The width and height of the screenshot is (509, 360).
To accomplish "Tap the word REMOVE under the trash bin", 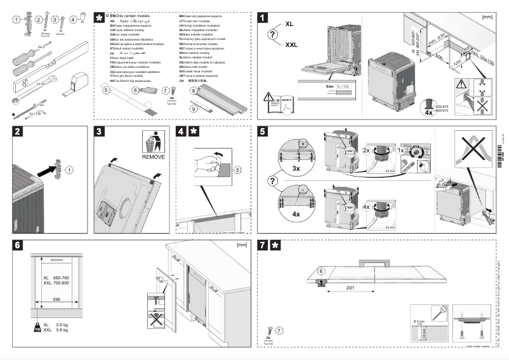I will [x=153, y=156].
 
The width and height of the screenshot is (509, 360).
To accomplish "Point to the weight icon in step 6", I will [x=37, y=326].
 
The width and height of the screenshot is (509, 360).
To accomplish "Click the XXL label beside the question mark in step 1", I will [x=291, y=44].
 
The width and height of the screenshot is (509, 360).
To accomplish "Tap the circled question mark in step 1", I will [x=273, y=34].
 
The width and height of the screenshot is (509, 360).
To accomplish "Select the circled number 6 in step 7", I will [x=321, y=271].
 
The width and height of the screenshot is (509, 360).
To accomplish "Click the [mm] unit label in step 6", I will [x=241, y=244].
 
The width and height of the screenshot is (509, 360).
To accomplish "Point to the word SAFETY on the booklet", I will [x=286, y=99].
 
